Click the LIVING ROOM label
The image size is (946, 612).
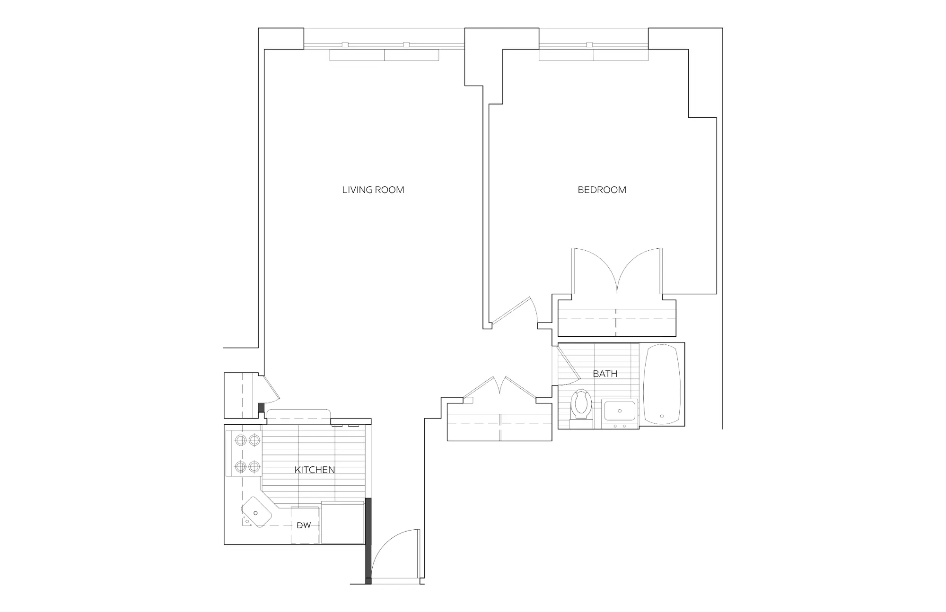point(373,190)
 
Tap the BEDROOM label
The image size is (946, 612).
point(602,190)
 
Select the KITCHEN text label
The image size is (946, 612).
point(315,470)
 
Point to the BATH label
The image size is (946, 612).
point(605,374)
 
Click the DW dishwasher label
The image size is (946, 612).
point(304,525)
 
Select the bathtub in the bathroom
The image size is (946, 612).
point(662,384)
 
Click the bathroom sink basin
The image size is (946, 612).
point(620,411)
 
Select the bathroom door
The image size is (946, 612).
point(568,366)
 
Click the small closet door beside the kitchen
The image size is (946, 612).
point(270,388)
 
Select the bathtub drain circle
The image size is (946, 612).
point(662,416)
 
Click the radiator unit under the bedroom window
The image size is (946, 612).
point(594,55)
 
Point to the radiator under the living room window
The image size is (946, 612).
point(384,55)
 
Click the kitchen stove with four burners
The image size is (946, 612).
point(247,454)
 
